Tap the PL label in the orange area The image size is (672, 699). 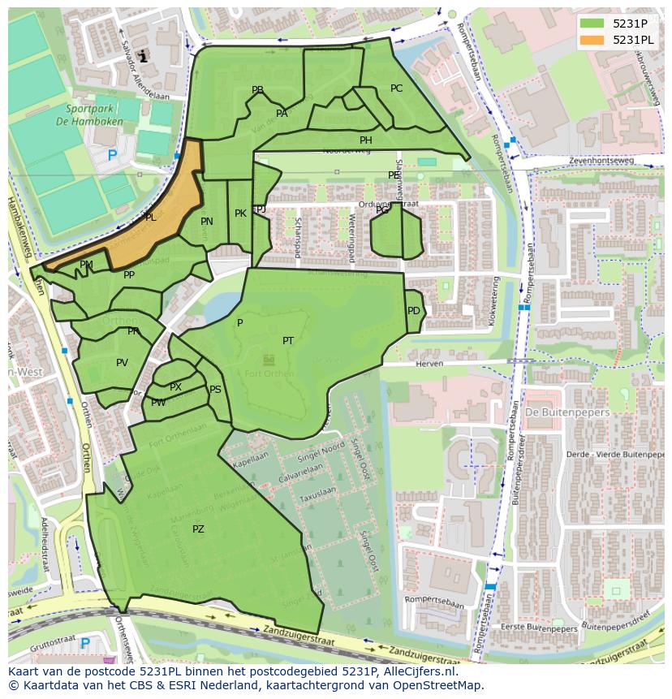(x=150, y=218)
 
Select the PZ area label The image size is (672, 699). (x=198, y=529)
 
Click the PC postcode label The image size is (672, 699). (x=396, y=88)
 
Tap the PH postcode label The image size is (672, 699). (x=366, y=140)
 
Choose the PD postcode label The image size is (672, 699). (x=414, y=311)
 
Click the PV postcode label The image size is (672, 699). (x=122, y=363)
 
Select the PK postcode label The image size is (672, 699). (x=240, y=214)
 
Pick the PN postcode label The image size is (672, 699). (x=207, y=222)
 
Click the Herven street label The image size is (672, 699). (x=430, y=365)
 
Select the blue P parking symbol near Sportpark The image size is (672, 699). (x=112, y=155)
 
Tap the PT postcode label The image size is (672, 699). (x=288, y=341)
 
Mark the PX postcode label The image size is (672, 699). (x=175, y=387)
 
